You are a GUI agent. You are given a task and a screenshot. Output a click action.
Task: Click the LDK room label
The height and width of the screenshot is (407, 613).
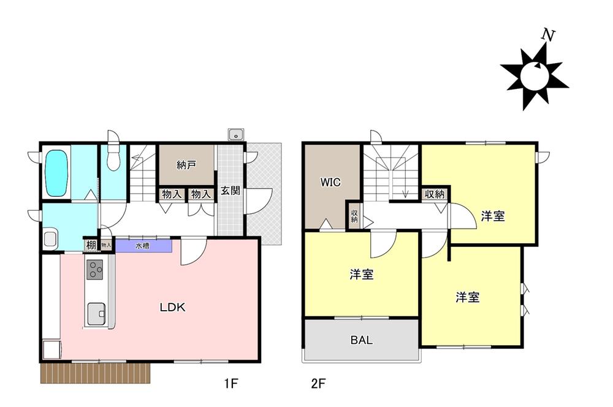[x=172, y=307]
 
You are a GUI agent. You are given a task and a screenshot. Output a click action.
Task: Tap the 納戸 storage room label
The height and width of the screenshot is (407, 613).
[x=186, y=165]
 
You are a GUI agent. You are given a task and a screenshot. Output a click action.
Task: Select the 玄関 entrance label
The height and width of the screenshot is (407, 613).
[x=230, y=191]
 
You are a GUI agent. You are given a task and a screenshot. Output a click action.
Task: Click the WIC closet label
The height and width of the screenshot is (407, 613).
[x=330, y=182]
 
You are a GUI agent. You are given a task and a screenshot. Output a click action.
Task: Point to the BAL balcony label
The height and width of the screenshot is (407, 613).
[x=362, y=340]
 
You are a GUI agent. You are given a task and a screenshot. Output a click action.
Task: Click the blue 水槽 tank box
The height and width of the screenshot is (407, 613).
[x=144, y=246]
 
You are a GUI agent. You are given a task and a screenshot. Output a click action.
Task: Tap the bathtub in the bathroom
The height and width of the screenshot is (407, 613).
[x=58, y=173]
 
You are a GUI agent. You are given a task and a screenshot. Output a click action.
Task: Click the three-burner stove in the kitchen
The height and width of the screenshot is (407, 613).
[x=94, y=270]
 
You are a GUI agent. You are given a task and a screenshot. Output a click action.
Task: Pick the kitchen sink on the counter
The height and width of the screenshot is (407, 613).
[x=96, y=314]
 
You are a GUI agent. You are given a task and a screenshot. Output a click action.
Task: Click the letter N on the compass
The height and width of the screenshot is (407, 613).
[x=548, y=36]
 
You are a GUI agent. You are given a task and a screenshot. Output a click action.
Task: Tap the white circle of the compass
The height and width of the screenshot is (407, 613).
[x=534, y=75]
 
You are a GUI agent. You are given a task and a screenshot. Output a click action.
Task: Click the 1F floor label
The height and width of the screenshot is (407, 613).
[x=231, y=384]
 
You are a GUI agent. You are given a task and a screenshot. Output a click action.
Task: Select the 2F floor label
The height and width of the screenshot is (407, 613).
[x=318, y=384]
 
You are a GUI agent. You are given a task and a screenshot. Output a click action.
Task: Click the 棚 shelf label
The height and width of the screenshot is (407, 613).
[x=91, y=245]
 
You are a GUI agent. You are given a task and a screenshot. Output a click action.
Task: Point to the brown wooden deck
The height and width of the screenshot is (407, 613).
[x=96, y=373]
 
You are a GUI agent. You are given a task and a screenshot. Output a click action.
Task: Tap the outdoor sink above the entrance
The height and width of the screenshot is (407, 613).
[x=236, y=134]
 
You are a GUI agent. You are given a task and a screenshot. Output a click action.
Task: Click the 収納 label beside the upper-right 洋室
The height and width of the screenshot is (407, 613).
[x=435, y=194]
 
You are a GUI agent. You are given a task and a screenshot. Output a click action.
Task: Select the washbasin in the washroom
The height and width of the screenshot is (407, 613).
[x=51, y=239]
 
